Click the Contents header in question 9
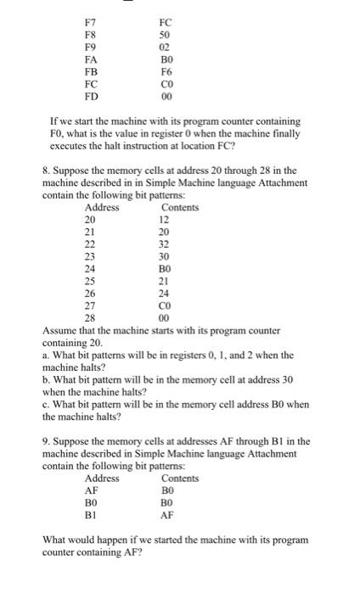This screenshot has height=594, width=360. [179, 479]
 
